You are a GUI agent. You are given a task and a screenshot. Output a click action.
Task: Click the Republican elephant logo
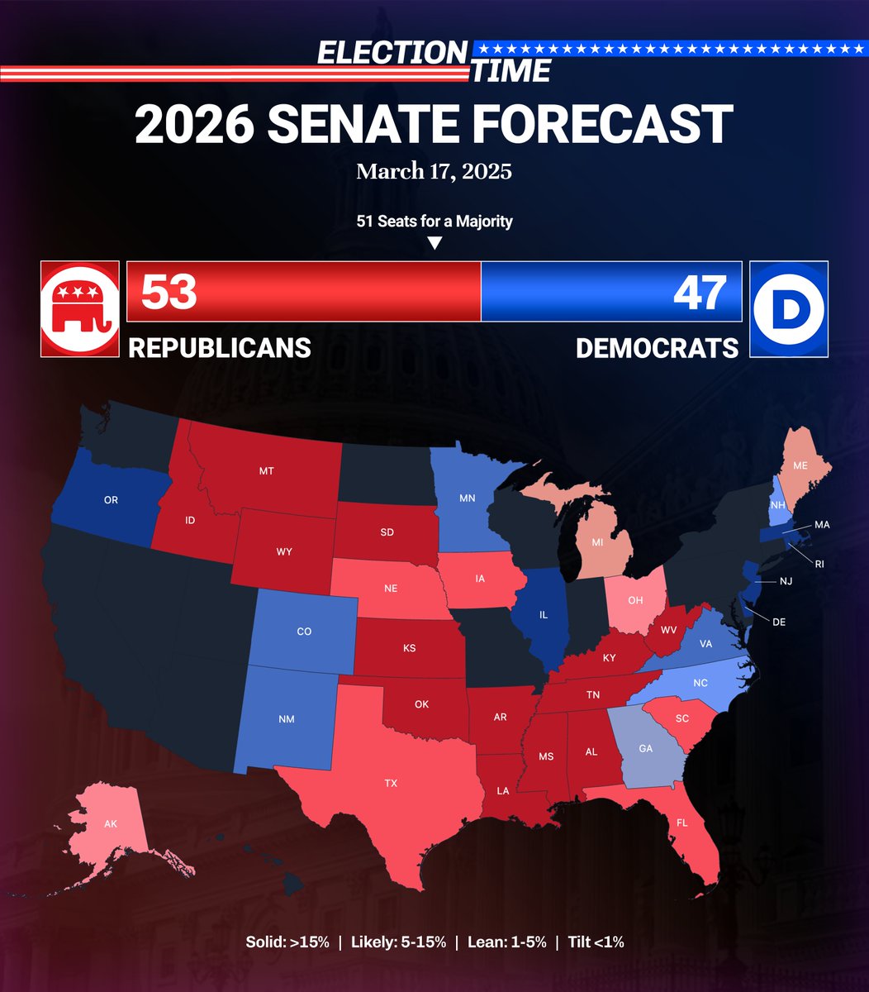(80, 309)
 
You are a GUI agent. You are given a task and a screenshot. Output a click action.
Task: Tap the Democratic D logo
(789, 309)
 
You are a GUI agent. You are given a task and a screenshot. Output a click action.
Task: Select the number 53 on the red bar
(169, 291)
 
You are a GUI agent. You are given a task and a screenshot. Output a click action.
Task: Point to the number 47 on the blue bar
(700, 291)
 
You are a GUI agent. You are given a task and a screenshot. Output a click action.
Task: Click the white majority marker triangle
(434, 243)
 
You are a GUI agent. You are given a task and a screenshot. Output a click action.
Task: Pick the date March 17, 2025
(434, 172)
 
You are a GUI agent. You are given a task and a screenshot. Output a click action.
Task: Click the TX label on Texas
(391, 783)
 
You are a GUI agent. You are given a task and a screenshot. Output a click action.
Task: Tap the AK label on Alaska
(111, 824)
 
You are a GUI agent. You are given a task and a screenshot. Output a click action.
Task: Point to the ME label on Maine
(800, 466)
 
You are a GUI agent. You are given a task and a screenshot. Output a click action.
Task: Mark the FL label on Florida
(681, 823)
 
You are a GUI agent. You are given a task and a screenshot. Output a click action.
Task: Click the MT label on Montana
(266, 471)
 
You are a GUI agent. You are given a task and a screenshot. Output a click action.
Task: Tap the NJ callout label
(786, 581)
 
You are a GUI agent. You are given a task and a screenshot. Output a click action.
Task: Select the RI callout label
(819, 564)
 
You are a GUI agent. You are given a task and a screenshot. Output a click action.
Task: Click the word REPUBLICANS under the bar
(220, 348)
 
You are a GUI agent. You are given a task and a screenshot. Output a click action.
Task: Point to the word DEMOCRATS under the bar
(657, 348)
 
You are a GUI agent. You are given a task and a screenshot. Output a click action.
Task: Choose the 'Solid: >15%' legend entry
(287, 942)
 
